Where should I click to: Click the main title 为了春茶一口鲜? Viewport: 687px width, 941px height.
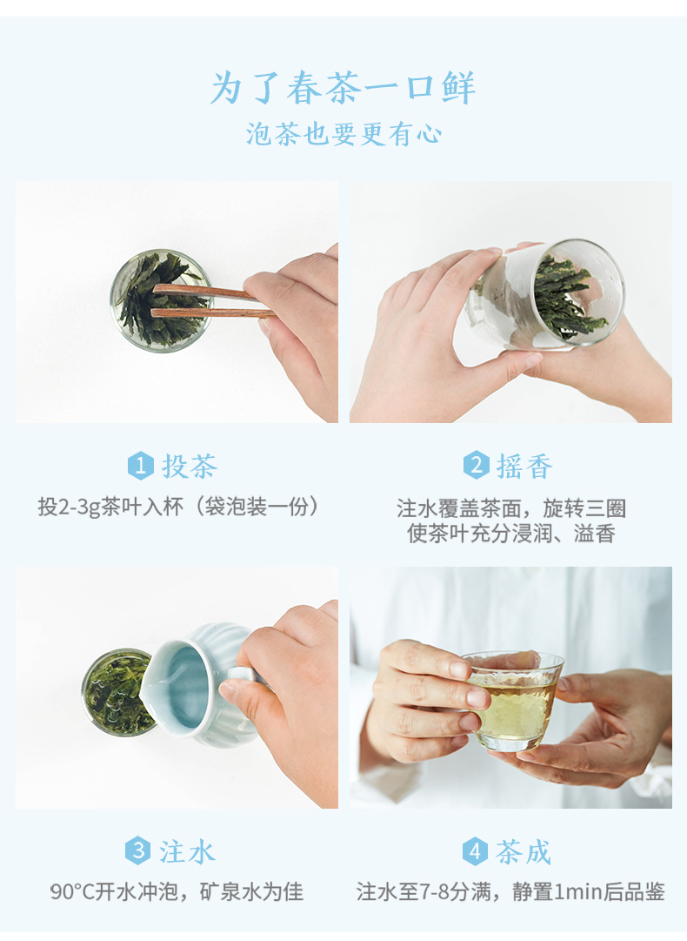343,88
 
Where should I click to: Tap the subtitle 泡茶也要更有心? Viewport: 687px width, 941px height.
343,134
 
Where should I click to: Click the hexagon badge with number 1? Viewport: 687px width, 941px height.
140,466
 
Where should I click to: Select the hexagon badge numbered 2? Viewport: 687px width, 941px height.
476,465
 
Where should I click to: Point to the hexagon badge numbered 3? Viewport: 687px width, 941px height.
138,850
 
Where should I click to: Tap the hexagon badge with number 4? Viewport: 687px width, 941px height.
475,851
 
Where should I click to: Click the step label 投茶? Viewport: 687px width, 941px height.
190,467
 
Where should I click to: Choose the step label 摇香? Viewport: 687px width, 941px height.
524,467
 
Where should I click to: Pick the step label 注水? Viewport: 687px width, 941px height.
187,851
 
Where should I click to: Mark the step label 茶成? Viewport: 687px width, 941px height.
523,851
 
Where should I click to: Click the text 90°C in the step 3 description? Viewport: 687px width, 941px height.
72,891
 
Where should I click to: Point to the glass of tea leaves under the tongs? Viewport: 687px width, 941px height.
161,300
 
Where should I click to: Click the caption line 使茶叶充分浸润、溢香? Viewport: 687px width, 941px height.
511,534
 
